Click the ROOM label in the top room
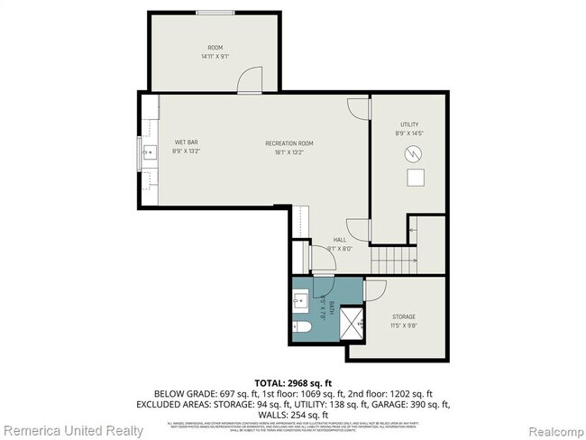(x=215, y=48)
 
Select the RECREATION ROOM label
(x=289, y=143)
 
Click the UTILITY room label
(x=409, y=124)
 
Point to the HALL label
(x=339, y=240)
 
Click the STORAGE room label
(x=403, y=316)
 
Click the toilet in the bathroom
(x=302, y=326)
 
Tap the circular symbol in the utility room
(x=414, y=153)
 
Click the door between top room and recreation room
(x=249, y=82)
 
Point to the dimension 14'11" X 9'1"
(x=215, y=57)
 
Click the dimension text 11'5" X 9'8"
(x=403, y=325)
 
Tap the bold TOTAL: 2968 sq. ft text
(x=292, y=383)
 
